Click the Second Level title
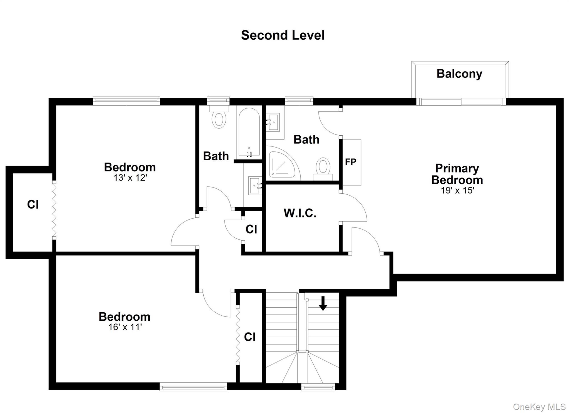point(283,36)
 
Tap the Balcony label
point(459,74)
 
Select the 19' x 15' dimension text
point(457,191)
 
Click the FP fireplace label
point(350,162)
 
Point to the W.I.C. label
point(300,213)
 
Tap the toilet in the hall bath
point(219,119)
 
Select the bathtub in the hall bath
point(249,133)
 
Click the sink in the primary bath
point(273,122)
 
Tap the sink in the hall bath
point(255,186)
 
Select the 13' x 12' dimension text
point(130,178)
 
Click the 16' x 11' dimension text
point(125,327)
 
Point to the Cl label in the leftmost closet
point(33,205)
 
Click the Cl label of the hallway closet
point(251,229)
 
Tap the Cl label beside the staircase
point(249,337)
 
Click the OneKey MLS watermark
point(539,407)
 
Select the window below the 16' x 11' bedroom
point(193,386)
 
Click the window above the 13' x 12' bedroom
point(126,101)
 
